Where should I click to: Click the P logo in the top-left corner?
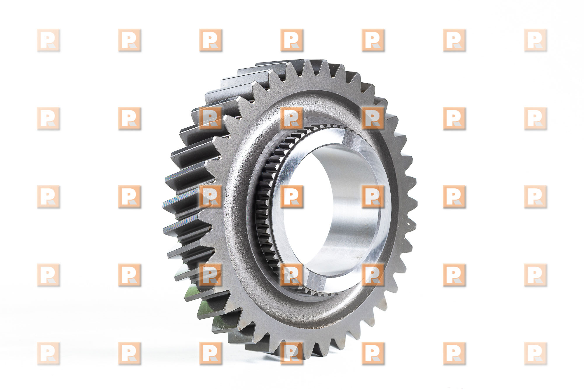pos(48,40)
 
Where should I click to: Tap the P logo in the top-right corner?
pos(536,40)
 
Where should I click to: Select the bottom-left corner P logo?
pos(48,353)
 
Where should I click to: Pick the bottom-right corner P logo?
pos(536,353)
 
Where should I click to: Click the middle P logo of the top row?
pos(292,40)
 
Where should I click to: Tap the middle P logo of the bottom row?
pos(292,353)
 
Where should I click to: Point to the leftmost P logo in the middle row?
pos(48,197)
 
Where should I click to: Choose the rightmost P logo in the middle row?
pos(536,197)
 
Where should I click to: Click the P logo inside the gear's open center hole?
pos(292,197)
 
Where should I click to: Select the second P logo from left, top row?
pos(130,40)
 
